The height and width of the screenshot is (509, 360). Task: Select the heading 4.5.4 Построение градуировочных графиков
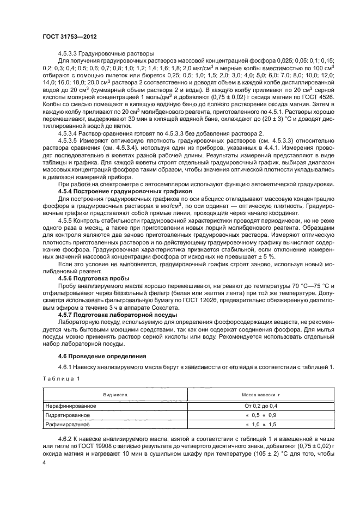(x=125, y=192)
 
